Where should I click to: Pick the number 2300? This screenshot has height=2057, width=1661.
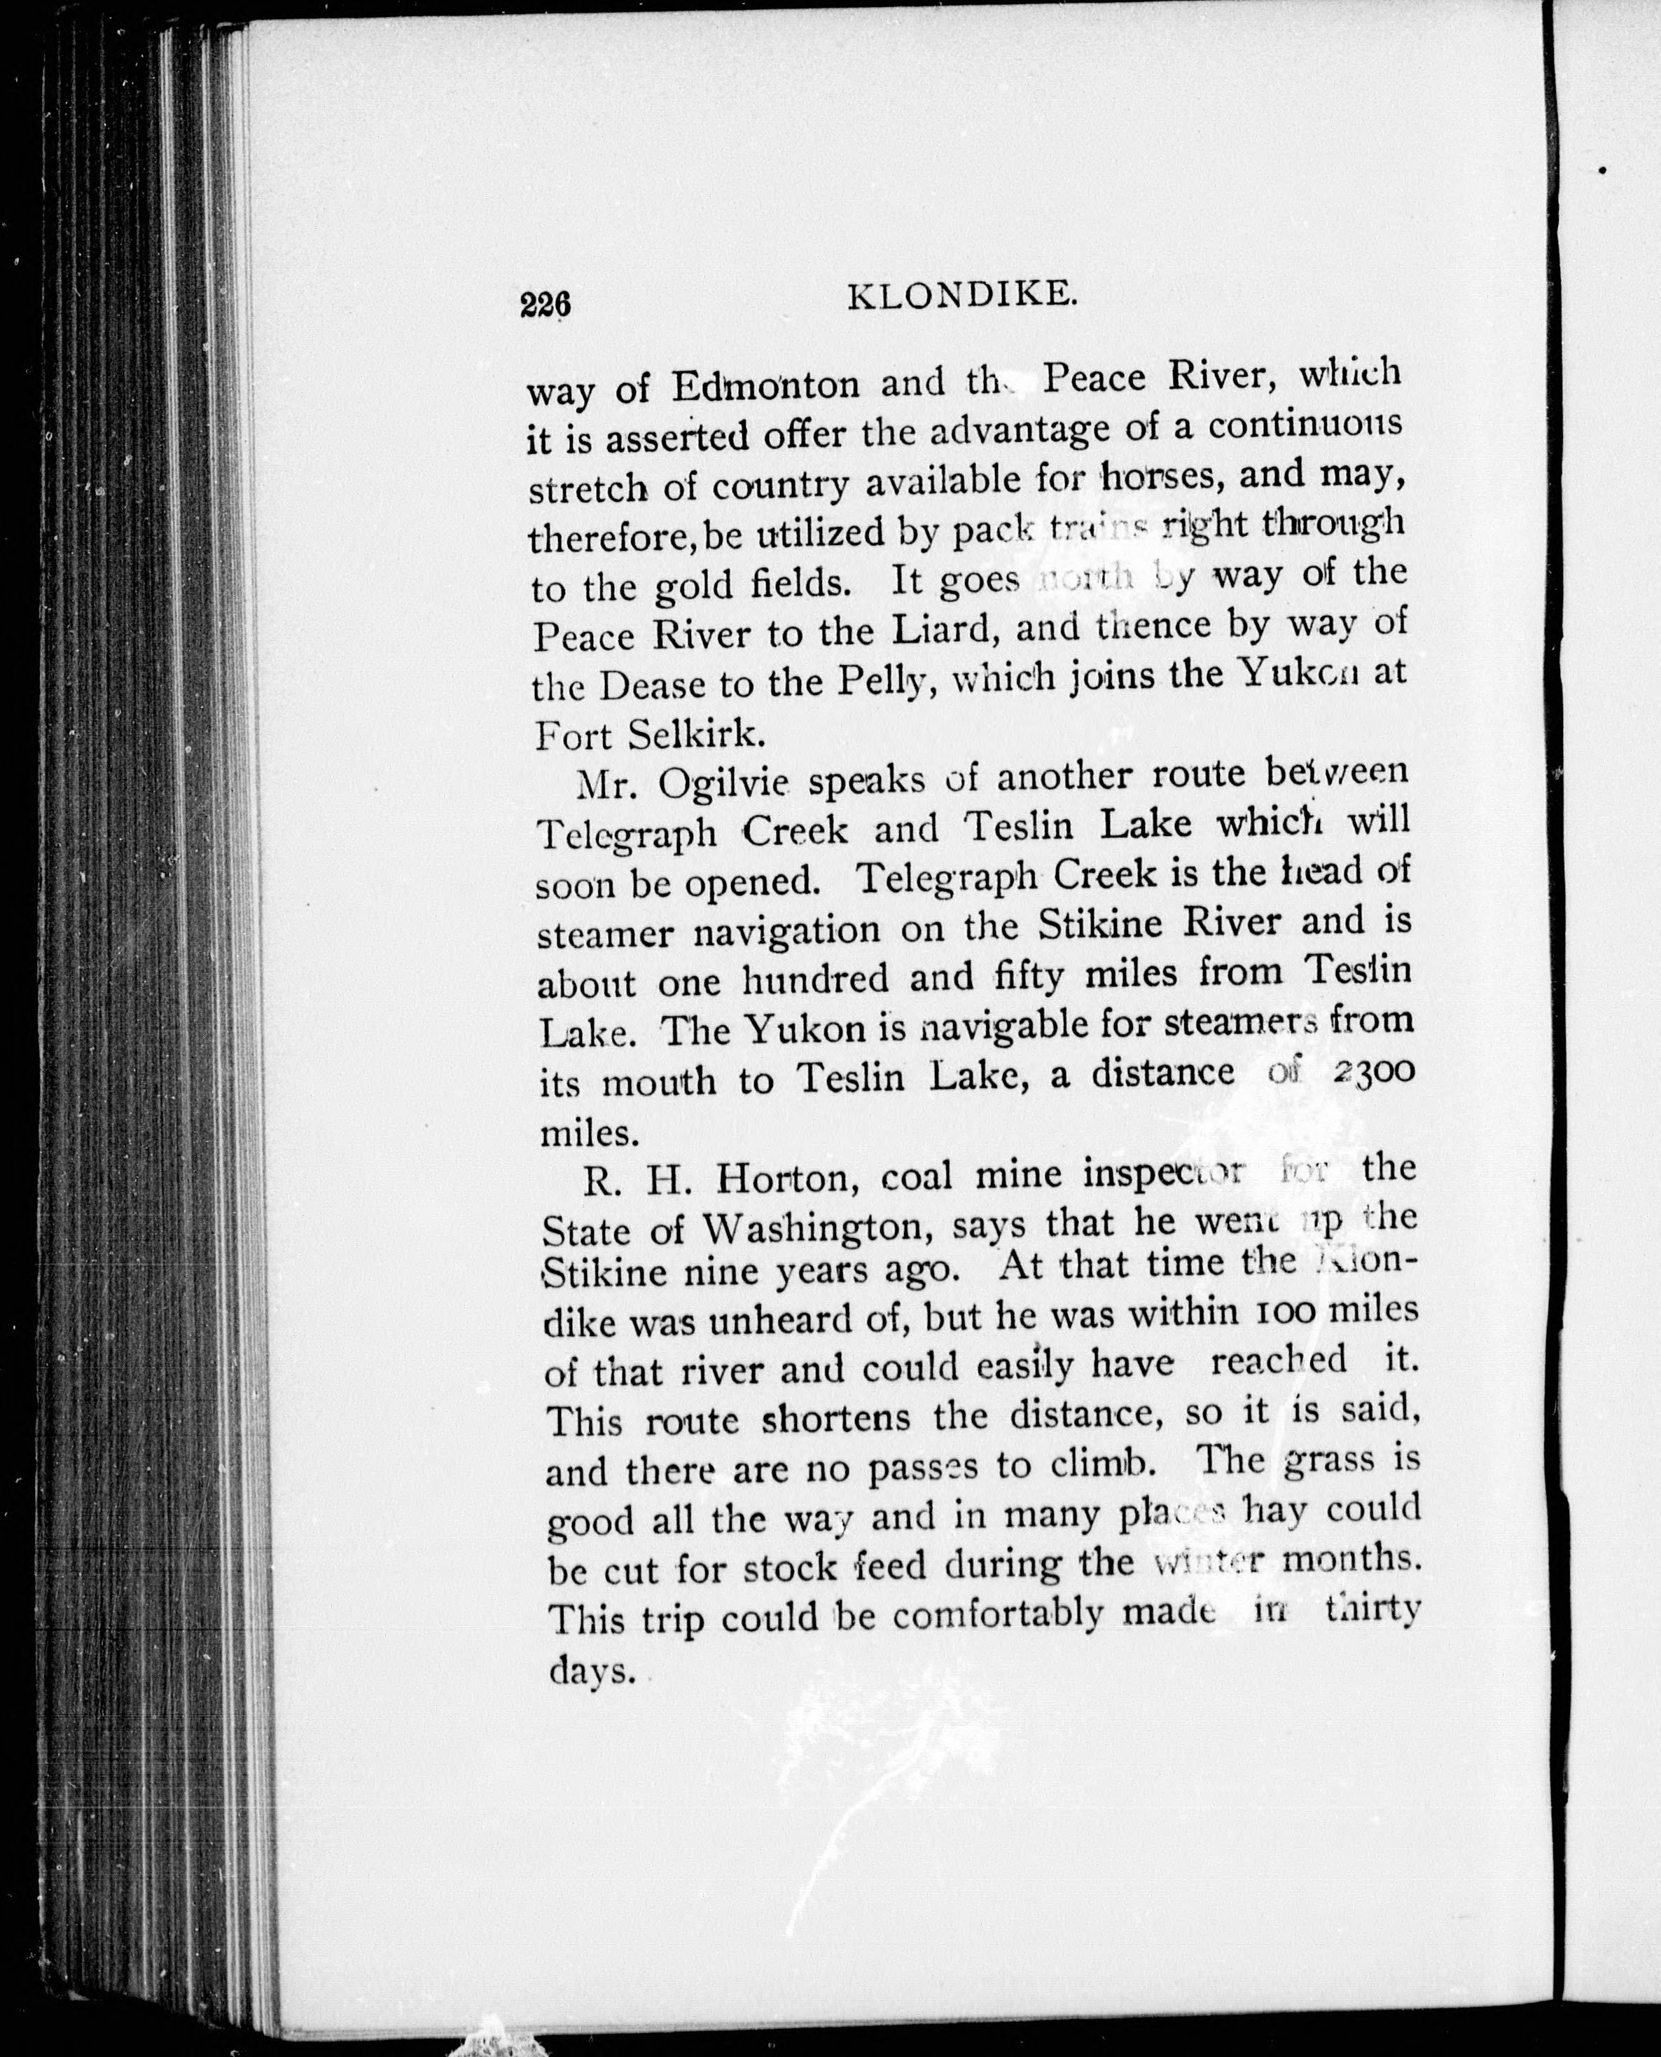[1371, 1074]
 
